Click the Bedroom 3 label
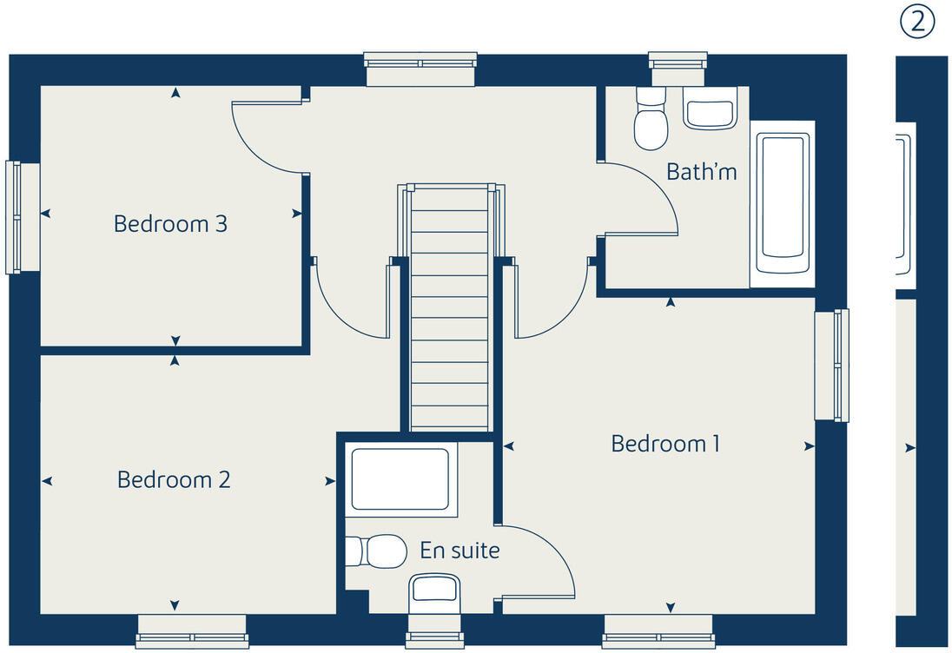pyautogui.click(x=170, y=224)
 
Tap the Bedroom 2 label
pyautogui.click(x=174, y=479)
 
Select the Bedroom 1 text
pyautogui.click(x=665, y=444)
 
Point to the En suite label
pyautogui.click(x=459, y=551)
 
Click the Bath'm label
pyautogui.click(x=701, y=172)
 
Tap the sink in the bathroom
pyautogui.click(x=710, y=109)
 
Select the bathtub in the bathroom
pyautogui.click(x=783, y=203)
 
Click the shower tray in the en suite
pyautogui.click(x=400, y=479)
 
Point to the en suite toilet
pyautogui.click(x=378, y=551)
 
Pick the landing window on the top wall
pyautogui.click(x=420, y=68)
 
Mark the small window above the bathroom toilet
pyautogui.click(x=678, y=66)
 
